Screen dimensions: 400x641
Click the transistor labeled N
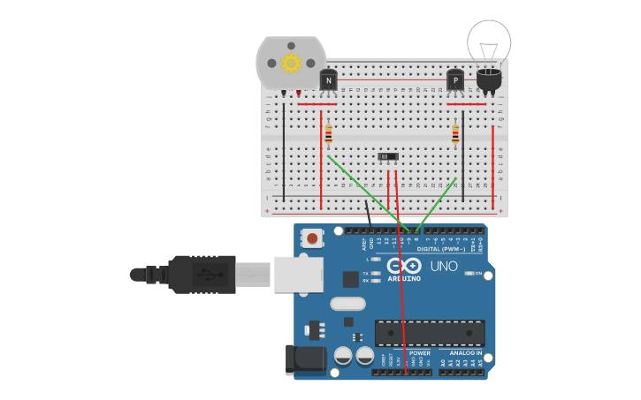click(328, 81)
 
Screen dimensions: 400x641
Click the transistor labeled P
click(455, 81)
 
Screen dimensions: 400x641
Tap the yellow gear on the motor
click(291, 63)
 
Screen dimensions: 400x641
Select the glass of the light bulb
click(489, 41)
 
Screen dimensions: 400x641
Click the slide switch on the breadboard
click(388, 157)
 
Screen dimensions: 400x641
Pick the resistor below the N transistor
click(328, 135)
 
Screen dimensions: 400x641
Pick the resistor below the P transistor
click(455, 135)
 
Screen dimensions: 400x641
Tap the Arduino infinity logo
click(403, 267)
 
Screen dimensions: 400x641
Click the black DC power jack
click(302, 360)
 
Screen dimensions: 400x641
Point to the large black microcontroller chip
click(430, 333)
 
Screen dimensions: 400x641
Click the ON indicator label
click(478, 274)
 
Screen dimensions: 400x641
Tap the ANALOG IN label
click(465, 352)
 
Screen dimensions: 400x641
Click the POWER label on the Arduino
click(419, 352)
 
